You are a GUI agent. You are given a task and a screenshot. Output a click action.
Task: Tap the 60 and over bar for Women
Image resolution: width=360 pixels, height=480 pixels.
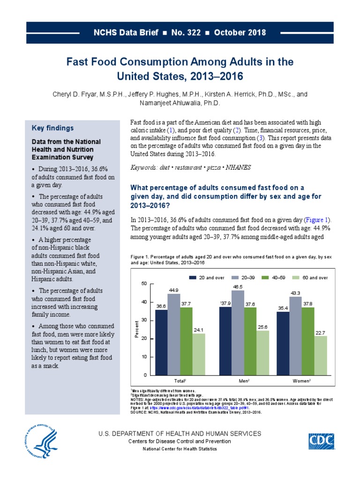point(321,355)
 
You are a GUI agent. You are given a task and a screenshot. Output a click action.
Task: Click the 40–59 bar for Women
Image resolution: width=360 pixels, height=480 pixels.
point(308,341)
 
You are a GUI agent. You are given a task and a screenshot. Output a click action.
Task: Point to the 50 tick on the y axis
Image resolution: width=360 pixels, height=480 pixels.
point(144,284)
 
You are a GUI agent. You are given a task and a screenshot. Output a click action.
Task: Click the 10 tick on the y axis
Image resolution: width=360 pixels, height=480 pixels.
point(144,357)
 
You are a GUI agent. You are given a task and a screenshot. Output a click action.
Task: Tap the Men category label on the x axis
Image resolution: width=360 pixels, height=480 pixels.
point(244,382)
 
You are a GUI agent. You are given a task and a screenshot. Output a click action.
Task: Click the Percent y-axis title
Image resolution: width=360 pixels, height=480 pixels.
point(137,330)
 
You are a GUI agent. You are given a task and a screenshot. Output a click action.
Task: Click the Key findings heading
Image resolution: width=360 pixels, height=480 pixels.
point(52,128)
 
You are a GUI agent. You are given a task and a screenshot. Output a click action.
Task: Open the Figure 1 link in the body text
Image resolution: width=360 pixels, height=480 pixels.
point(317,219)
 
